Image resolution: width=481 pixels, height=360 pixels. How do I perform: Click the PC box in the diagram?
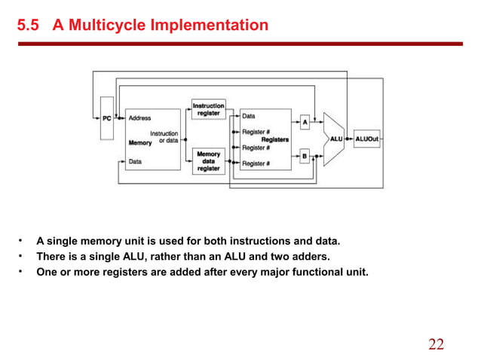(x=106, y=117)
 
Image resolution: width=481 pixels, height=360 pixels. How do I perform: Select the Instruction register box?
(x=208, y=109)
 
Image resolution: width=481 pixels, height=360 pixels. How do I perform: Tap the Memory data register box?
(x=208, y=161)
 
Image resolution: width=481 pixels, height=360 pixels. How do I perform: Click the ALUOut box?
(x=366, y=139)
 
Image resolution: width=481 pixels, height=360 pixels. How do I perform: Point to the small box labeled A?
(x=305, y=122)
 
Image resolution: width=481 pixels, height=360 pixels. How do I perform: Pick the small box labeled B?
(x=305, y=157)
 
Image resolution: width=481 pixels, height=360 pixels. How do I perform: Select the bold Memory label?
(x=140, y=142)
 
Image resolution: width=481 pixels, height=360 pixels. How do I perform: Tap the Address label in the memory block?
(x=139, y=118)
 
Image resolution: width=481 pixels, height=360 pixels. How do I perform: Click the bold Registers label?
(x=275, y=139)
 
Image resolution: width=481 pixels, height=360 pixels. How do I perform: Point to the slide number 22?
(x=436, y=345)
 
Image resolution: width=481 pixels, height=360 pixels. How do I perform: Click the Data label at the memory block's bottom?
(x=135, y=161)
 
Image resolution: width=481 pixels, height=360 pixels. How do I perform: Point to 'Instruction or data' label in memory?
(x=164, y=137)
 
